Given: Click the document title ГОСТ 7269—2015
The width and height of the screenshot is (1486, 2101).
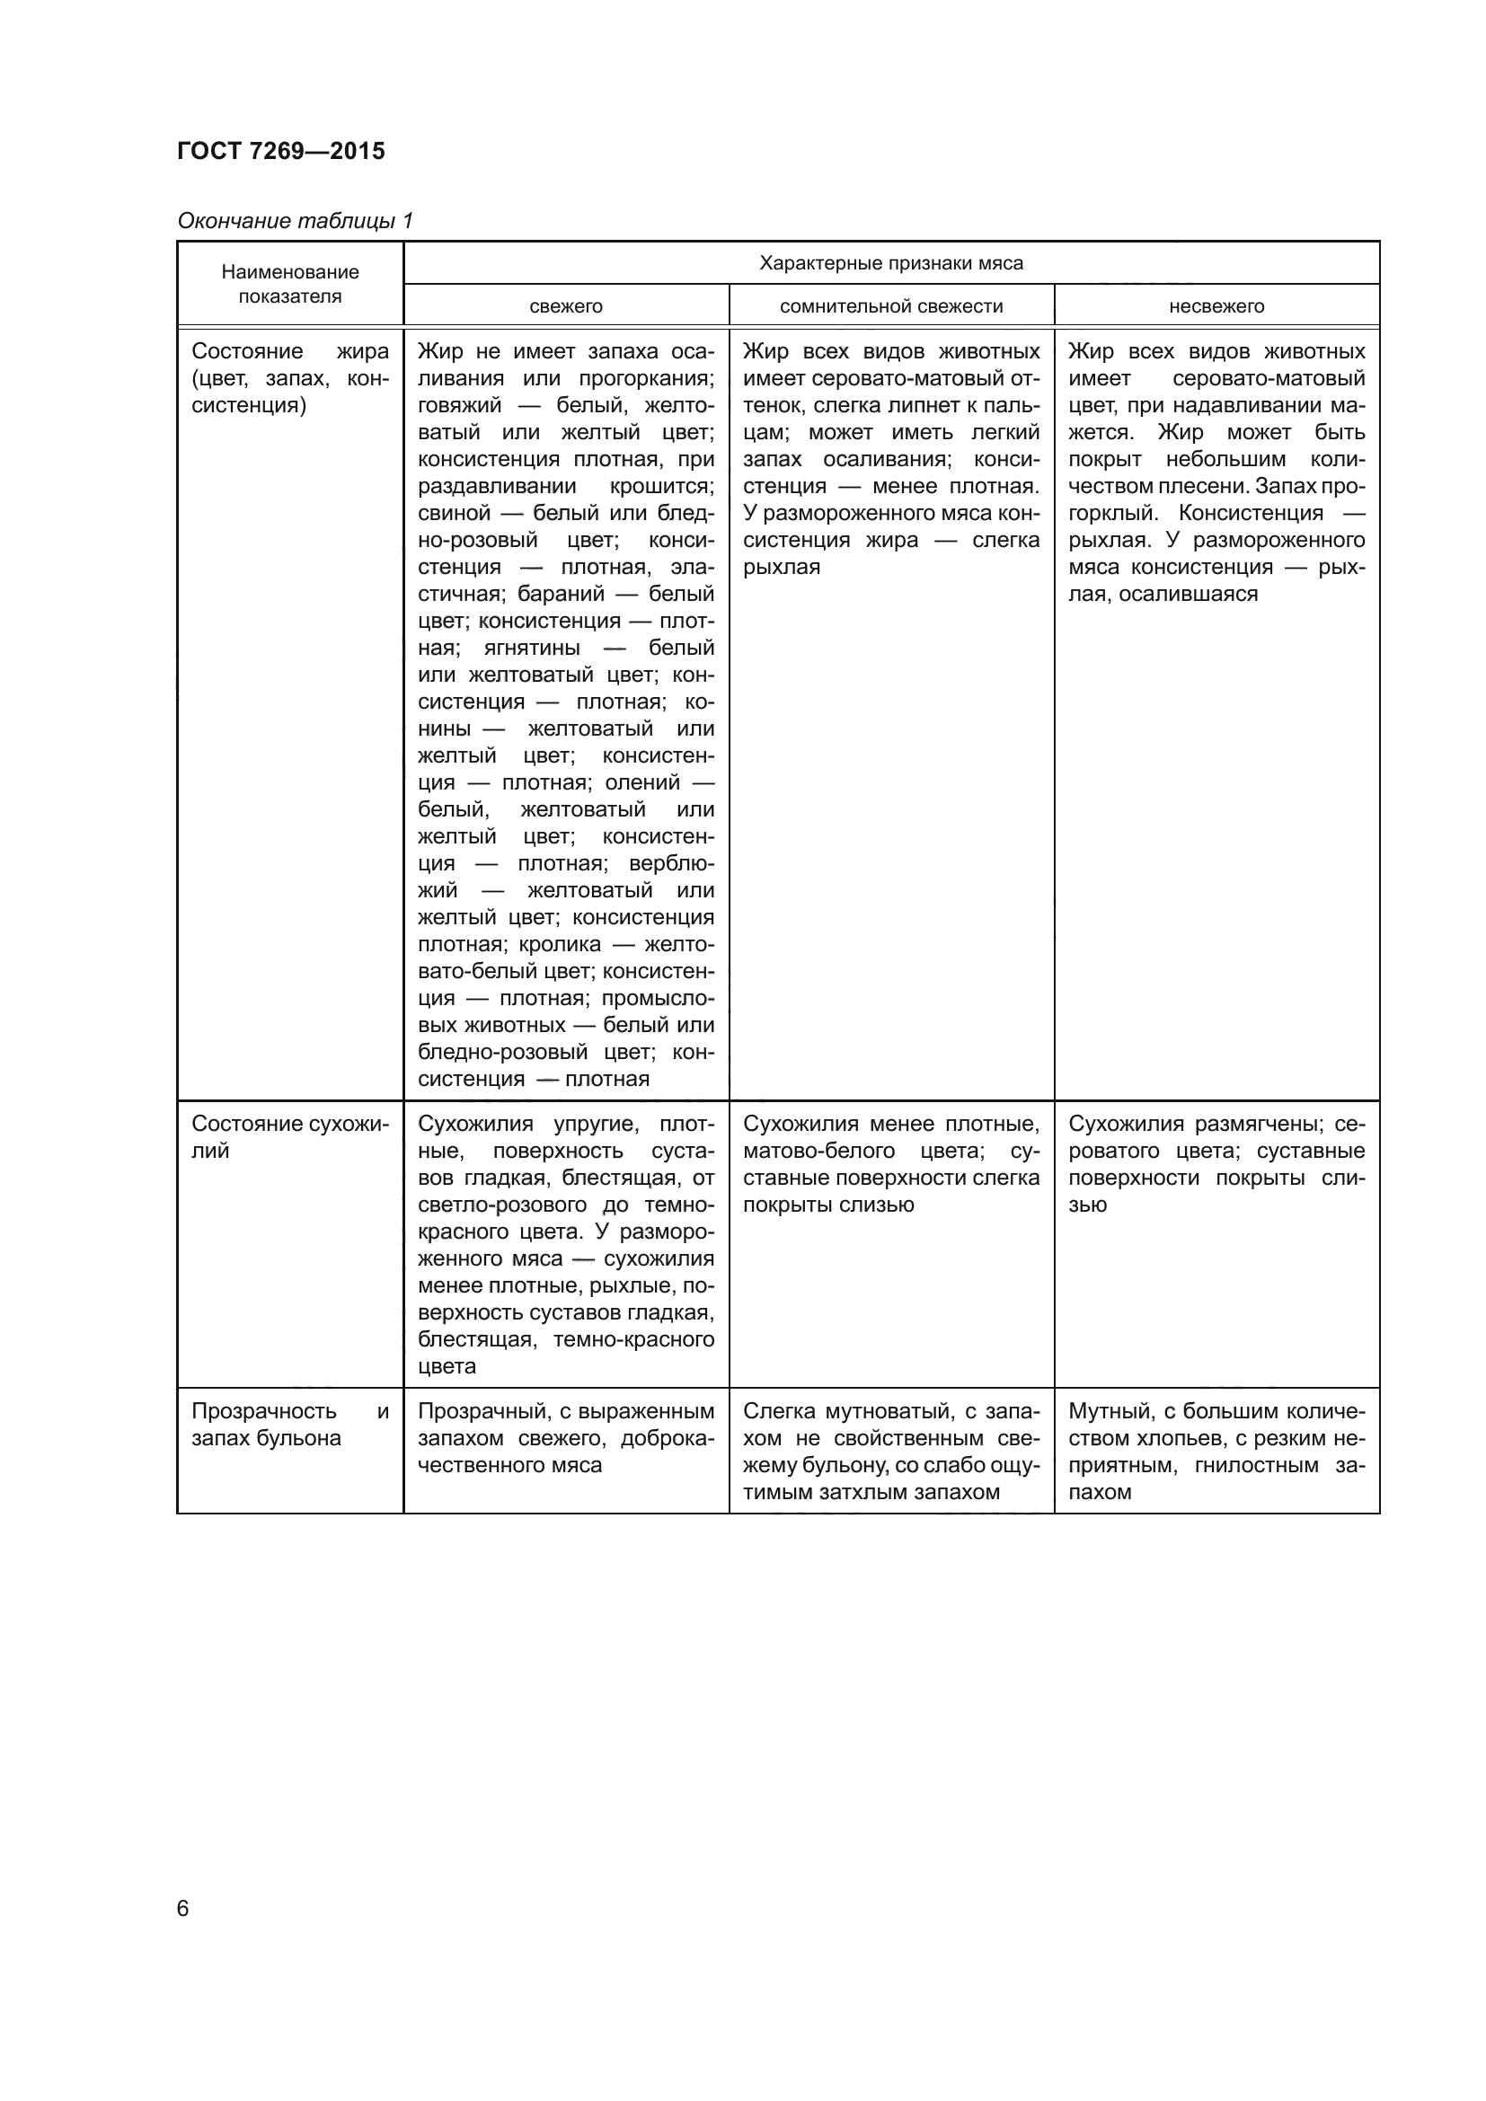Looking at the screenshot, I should coord(281,151).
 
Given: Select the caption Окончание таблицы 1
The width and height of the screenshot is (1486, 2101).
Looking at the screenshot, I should coord(295,221).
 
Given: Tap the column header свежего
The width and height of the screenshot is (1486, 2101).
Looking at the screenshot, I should coord(565,306).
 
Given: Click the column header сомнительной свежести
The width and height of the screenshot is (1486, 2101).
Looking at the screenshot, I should coord(891,306).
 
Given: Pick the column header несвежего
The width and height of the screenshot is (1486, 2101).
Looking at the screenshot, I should coord(1216,306).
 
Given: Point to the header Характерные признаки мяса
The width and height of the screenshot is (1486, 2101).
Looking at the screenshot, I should coord(890,263).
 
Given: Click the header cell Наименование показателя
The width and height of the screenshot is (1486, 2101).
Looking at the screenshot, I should coord(290,284).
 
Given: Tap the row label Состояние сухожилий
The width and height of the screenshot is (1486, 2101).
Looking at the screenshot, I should coord(289,1125).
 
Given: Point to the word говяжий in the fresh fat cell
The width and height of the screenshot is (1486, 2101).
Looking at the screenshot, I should coord(459,405).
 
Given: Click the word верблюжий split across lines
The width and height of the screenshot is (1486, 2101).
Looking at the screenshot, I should coord(672,864).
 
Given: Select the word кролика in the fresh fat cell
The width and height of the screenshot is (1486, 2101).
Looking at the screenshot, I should coord(560,944).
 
